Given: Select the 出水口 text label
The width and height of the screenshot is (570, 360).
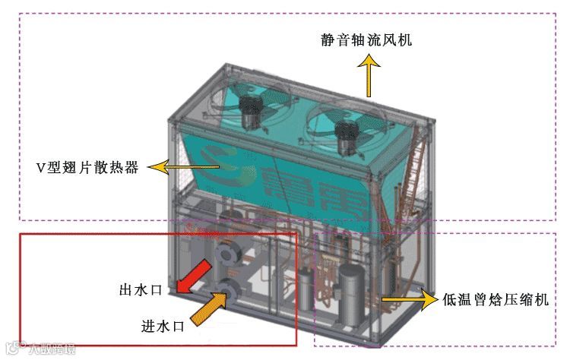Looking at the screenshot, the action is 138,289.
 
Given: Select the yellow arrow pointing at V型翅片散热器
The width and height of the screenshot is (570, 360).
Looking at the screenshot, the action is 170,166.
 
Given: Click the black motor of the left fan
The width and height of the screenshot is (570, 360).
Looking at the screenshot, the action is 248,112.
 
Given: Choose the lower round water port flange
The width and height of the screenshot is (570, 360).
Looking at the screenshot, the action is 228,287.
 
